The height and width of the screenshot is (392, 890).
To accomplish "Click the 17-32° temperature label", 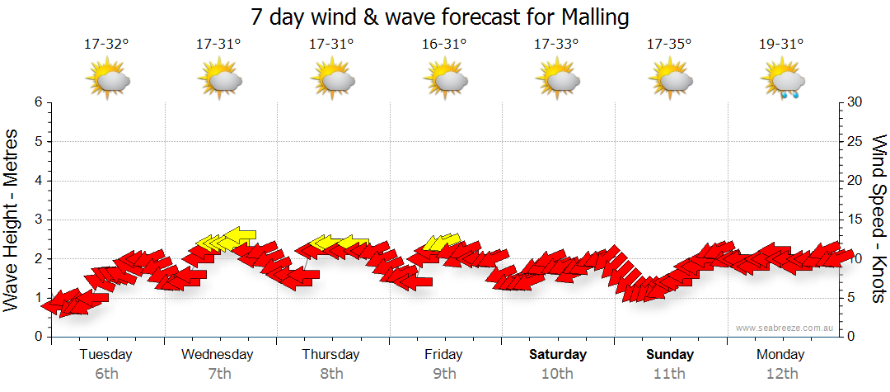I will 106,45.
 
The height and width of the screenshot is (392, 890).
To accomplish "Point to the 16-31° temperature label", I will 444,45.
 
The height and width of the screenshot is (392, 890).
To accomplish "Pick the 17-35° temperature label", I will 669,45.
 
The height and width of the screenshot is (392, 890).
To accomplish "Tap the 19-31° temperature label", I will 782,45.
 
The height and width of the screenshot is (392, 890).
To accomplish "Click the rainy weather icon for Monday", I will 782,81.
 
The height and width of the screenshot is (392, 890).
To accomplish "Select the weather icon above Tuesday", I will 107,81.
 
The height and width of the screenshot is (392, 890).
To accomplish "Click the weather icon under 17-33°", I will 557,81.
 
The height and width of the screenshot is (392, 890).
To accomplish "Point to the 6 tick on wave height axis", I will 38,102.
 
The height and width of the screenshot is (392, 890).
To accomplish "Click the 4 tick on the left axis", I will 38,181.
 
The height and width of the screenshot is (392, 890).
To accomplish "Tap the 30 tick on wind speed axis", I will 855,102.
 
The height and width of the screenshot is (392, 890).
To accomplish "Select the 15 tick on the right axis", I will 855,220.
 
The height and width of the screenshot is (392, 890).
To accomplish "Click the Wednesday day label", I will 218,355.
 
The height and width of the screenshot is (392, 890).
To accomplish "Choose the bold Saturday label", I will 558,355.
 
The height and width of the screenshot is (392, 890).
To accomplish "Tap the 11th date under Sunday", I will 669,374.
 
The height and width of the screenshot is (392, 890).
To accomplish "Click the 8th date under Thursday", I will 331,374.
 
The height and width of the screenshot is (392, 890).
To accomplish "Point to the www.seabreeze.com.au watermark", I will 786,328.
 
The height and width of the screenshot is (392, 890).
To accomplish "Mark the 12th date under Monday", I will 782,374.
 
